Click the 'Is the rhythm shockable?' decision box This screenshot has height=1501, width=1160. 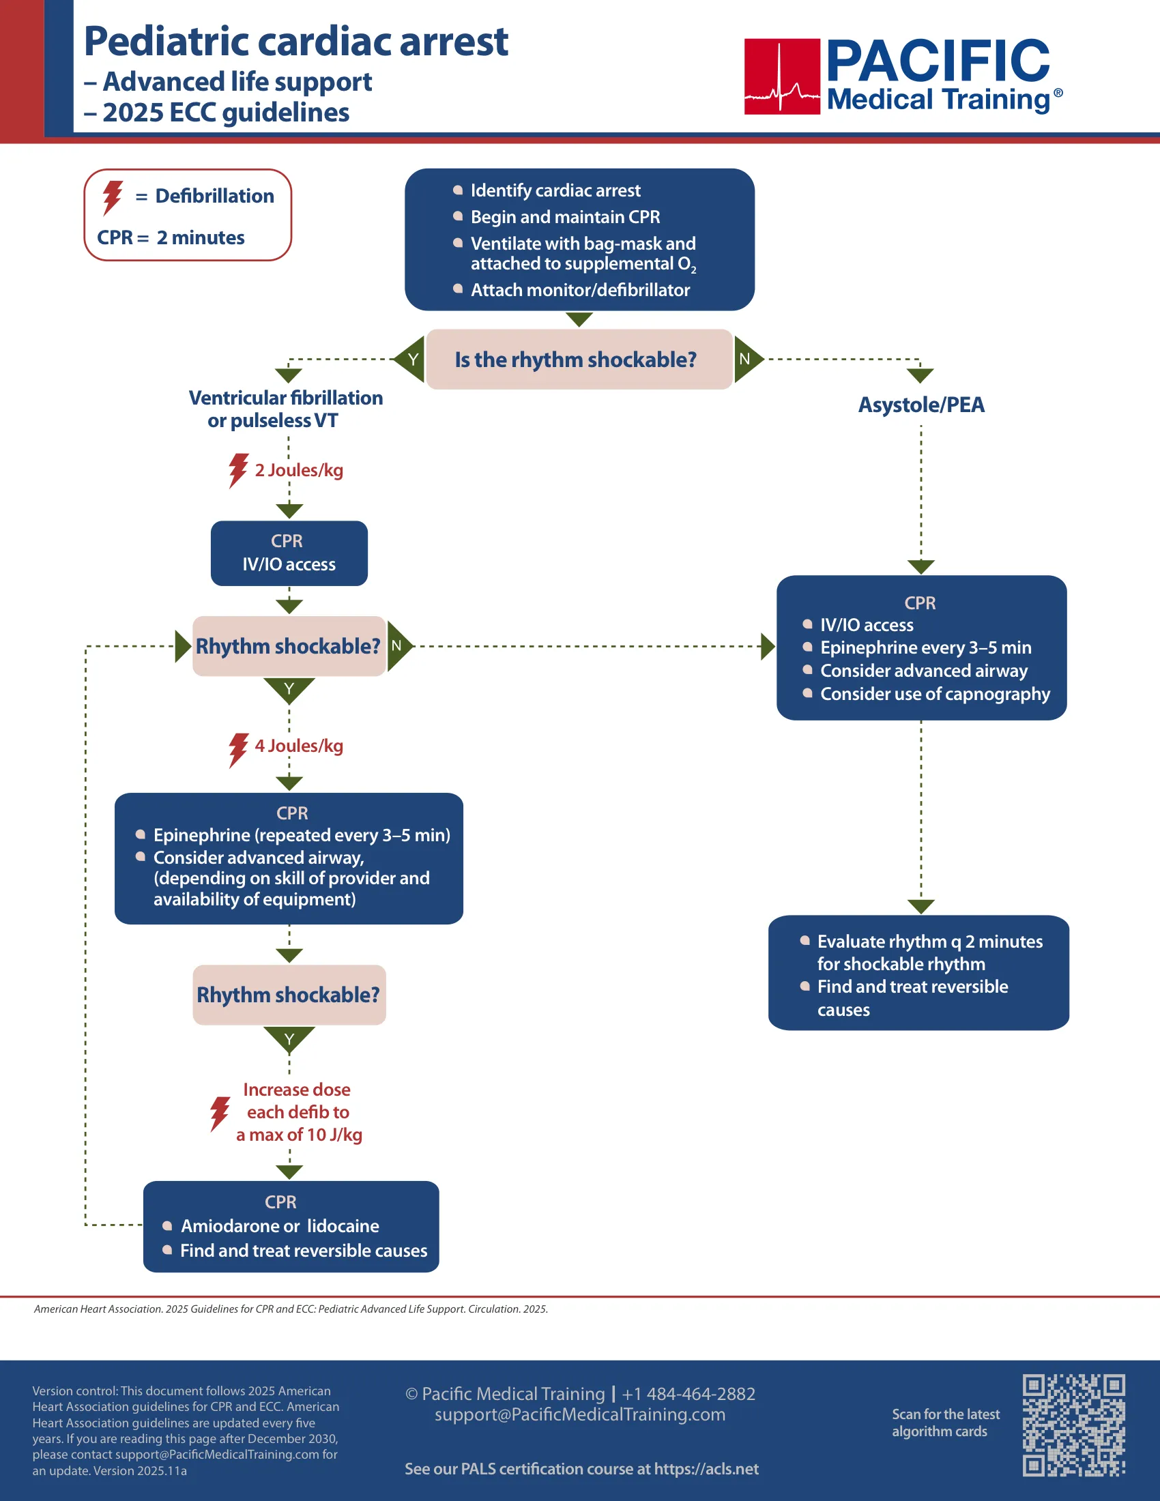(x=579, y=360)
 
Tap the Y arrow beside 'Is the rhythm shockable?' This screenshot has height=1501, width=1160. (x=410, y=359)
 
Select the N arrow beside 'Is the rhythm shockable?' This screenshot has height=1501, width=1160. (x=749, y=359)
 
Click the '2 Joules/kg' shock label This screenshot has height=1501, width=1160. (x=299, y=470)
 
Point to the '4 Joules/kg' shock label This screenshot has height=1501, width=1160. (x=299, y=746)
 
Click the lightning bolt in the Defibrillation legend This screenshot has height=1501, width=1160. (x=113, y=198)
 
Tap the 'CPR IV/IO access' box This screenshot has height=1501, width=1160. (x=289, y=553)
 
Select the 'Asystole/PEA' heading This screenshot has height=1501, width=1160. (x=921, y=405)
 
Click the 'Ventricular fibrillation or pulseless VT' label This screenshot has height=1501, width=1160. (x=285, y=409)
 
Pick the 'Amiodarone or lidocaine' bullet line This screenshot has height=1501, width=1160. (x=280, y=1226)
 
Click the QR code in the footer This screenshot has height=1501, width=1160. (x=1073, y=1425)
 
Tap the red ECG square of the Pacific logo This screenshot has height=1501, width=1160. (x=782, y=76)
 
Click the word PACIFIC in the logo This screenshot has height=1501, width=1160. (x=938, y=61)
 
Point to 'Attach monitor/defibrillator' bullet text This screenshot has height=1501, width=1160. (x=580, y=290)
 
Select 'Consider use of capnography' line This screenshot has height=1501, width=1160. (x=935, y=694)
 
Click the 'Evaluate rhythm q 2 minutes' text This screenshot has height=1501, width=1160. (x=930, y=942)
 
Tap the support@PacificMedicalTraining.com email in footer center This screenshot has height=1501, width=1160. (x=580, y=1414)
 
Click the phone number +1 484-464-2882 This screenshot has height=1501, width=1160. (x=688, y=1394)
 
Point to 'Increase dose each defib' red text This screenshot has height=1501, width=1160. (x=298, y=1101)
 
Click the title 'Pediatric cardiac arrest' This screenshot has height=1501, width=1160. (x=296, y=41)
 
